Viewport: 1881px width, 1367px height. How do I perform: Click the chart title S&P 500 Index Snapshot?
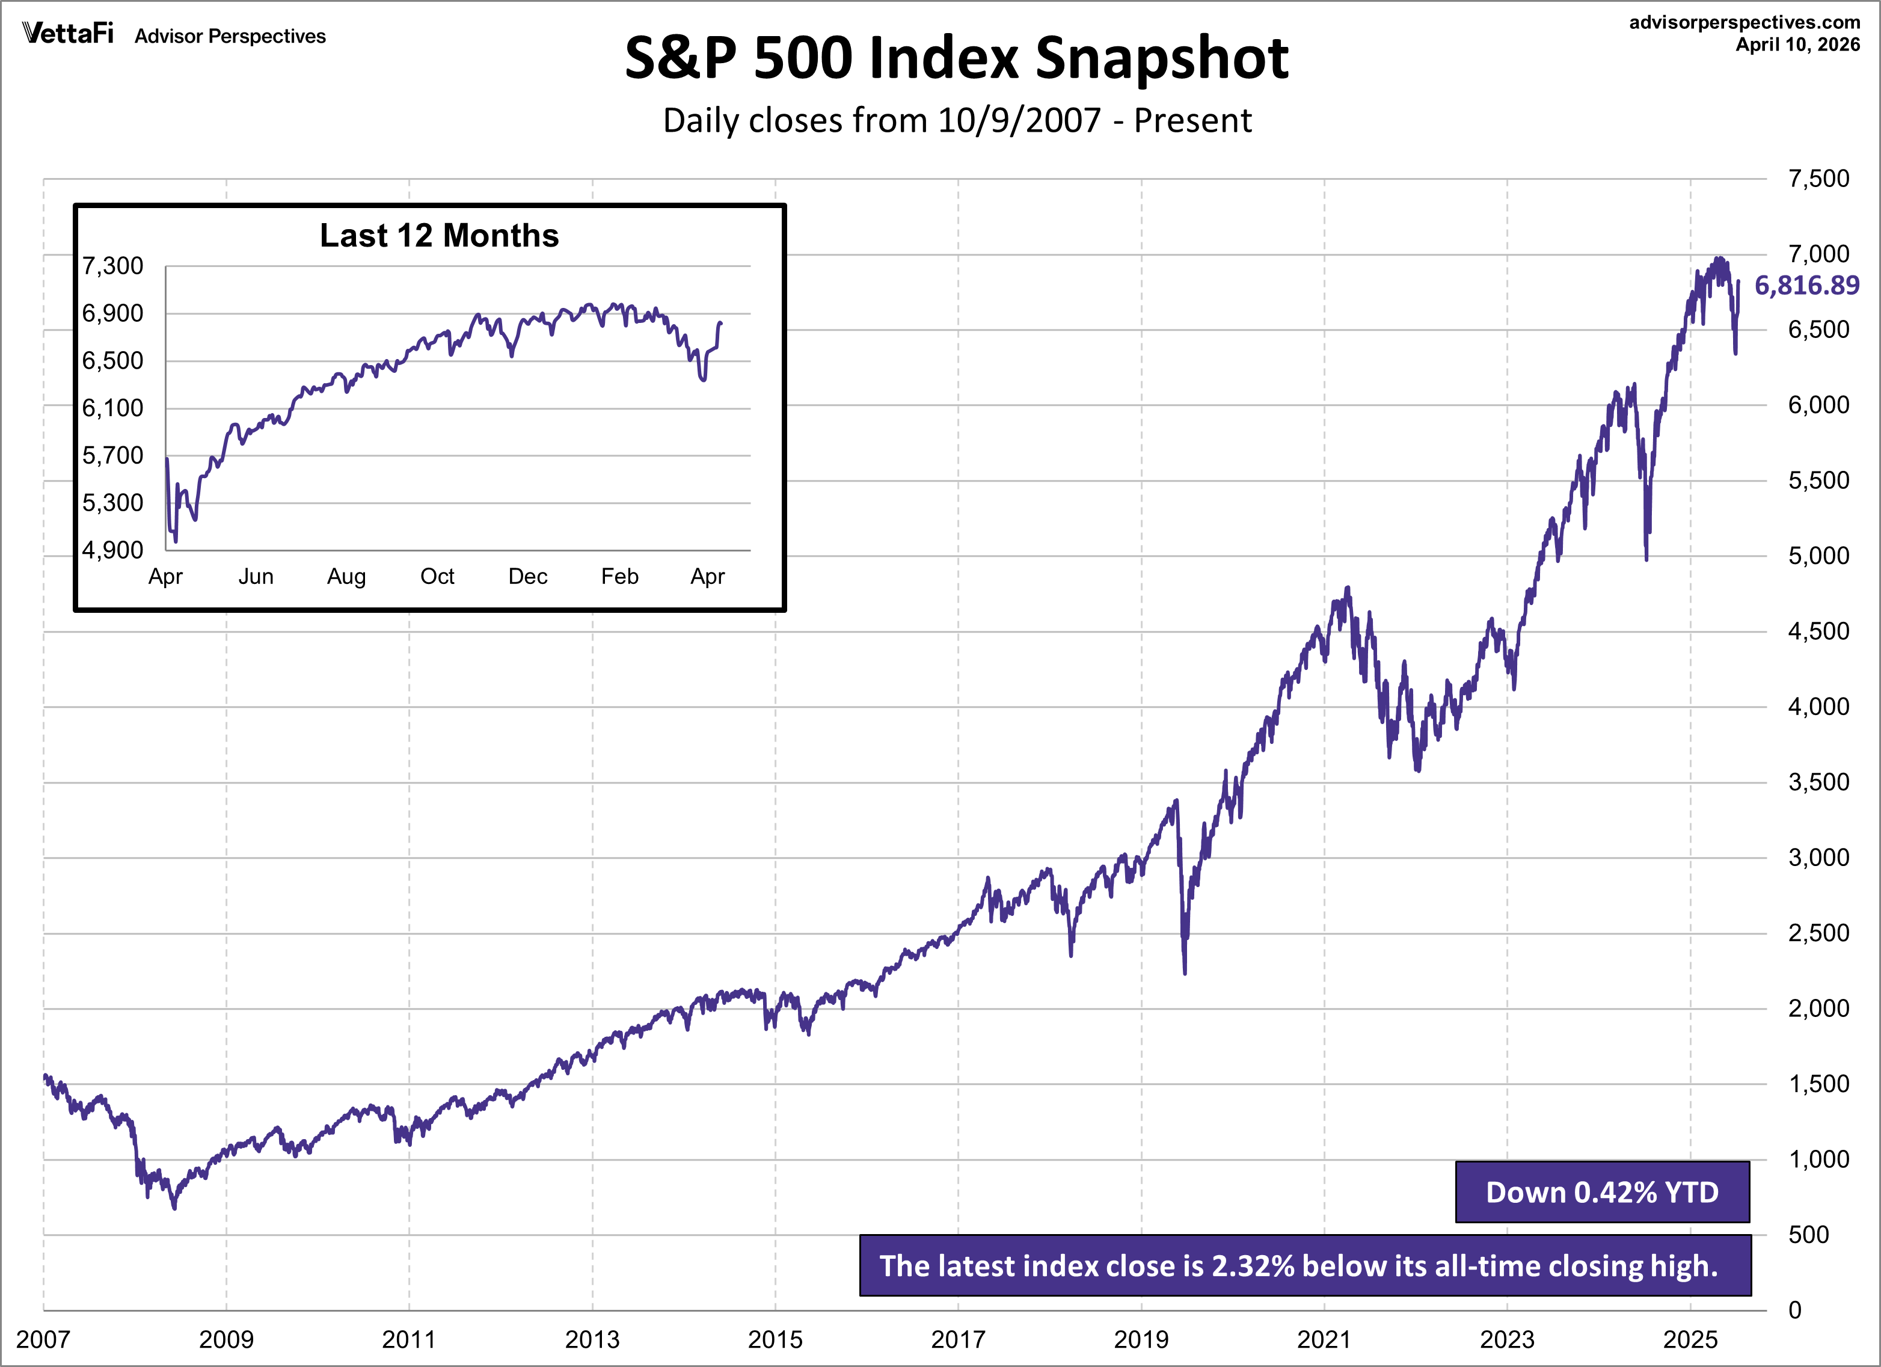tap(956, 58)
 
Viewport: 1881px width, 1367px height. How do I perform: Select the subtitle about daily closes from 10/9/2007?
tap(956, 121)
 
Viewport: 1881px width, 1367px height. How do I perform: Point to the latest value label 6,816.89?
tap(1806, 285)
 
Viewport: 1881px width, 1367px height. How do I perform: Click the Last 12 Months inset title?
tap(439, 236)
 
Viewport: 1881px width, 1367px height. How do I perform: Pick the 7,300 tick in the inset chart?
tap(113, 266)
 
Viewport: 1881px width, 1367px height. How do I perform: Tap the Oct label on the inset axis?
tap(437, 577)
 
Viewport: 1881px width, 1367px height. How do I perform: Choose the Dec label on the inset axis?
tap(527, 577)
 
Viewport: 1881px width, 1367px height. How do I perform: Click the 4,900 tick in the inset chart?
tap(113, 550)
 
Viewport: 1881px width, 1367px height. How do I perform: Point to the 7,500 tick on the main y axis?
tap(1818, 179)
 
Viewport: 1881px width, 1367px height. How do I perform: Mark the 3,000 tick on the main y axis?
tap(1818, 858)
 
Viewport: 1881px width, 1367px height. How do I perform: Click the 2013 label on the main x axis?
tap(592, 1339)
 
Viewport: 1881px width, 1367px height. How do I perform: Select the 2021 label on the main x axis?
tap(1324, 1339)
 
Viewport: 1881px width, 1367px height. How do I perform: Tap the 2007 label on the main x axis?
tap(43, 1339)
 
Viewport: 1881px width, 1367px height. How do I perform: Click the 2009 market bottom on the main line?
tap(174, 1208)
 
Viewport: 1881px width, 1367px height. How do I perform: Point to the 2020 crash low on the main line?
tap(1184, 972)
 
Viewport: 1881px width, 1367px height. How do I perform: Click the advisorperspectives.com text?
tap(1744, 22)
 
